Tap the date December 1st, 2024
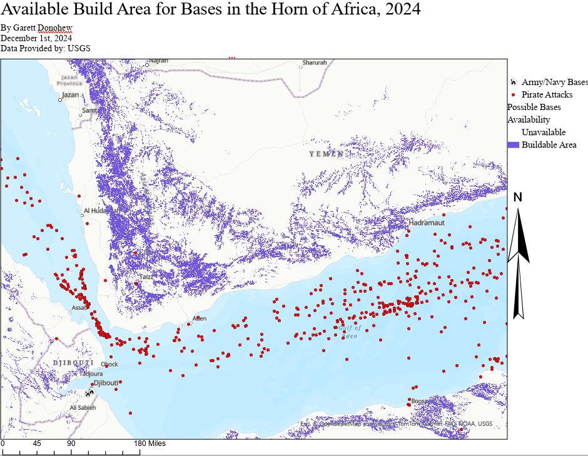point(36,38)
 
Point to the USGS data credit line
point(46,48)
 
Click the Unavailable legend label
point(544,132)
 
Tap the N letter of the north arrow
point(517,198)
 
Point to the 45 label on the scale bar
point(37,443)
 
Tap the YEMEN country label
point(326,154)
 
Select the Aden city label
point(200,318)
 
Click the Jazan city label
point(70,95)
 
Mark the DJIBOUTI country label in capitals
point(73,363)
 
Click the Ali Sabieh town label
point(83,407)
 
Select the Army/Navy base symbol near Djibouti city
point(90,393)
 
